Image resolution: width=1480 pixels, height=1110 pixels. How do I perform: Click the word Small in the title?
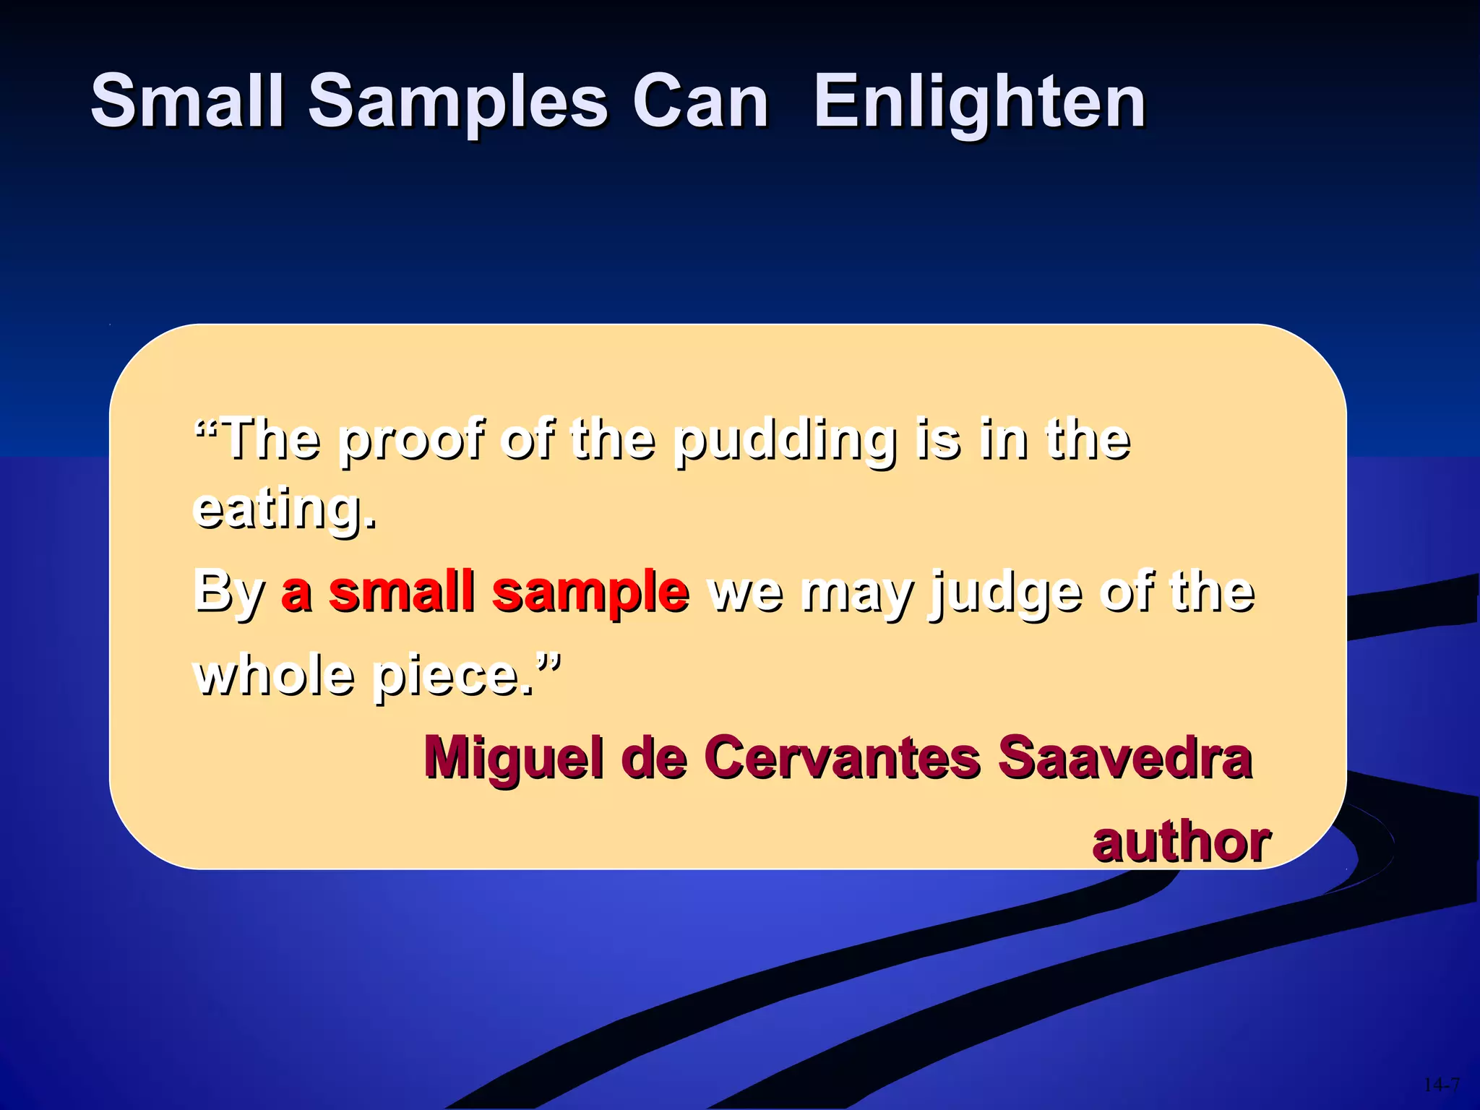[x=186, y=101]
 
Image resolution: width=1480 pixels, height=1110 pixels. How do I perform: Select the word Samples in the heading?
[x=458, y=101]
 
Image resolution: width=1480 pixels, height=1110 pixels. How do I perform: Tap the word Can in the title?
[x=700, y=101]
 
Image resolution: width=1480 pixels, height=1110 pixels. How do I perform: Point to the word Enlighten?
[x=979, y=101]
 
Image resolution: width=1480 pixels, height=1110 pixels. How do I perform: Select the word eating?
[x=284, y=509]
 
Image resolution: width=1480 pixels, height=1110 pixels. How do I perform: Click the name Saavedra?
[x=1124, y=757]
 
